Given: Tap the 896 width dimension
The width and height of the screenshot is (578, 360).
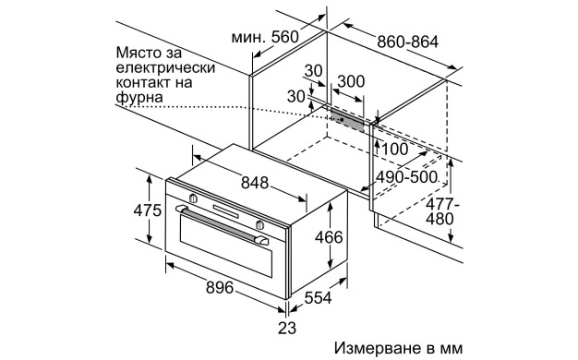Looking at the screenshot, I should tap(220, 287).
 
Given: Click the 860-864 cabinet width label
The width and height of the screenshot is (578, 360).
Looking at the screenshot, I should tap(407, 42).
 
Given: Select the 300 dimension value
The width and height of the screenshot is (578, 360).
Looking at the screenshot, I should tap(350, 81).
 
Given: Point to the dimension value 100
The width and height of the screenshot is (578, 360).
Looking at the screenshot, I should tap(394, 149).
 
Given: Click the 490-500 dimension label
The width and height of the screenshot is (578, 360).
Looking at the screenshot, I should tap(407, 177).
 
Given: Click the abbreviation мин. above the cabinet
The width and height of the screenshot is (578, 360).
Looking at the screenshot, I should tap(247, 37).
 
